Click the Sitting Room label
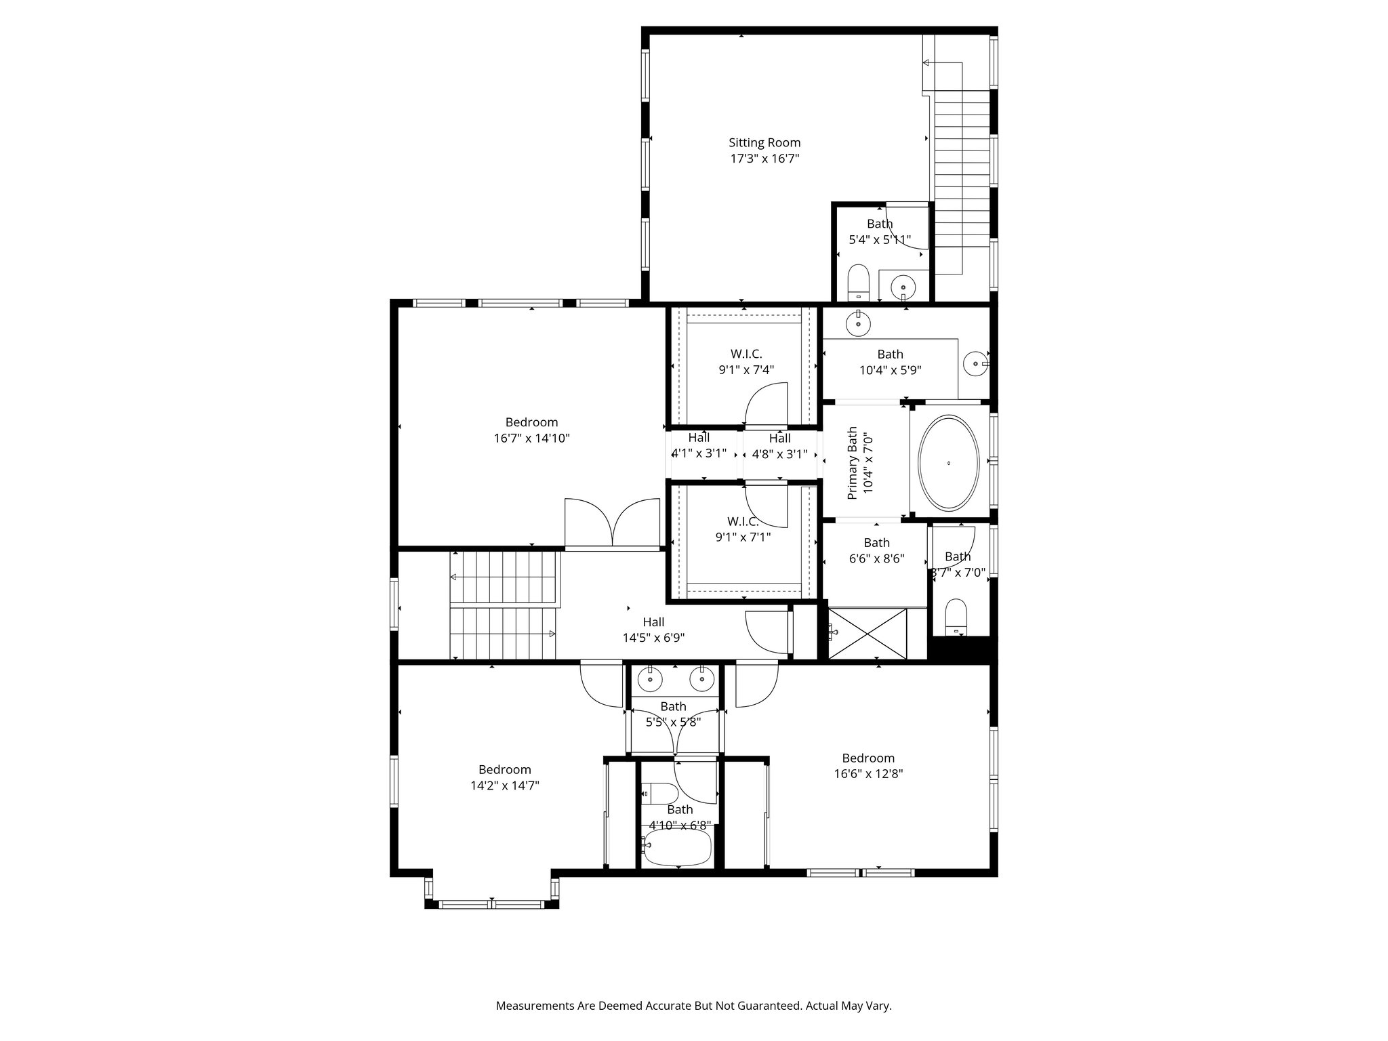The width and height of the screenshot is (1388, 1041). [764, 143]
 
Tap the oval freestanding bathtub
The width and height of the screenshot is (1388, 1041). [948, 462]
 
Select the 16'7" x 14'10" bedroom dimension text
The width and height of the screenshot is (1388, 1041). [531, 438]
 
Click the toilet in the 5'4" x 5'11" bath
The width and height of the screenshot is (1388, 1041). [859, 282]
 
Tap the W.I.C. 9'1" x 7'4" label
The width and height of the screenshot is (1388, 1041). [746, 362]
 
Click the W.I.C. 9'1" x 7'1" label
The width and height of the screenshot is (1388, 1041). [743, 529]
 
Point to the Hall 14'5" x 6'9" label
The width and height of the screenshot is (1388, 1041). [653, 630]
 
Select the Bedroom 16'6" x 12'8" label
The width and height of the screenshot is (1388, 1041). [868, 766]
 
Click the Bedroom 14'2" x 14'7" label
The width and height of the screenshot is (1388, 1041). [504, 777]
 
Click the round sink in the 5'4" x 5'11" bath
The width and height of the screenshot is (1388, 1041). [903, 287]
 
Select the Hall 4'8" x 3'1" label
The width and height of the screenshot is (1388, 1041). [779, 446]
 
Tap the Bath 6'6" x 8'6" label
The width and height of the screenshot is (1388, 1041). [876, 551]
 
